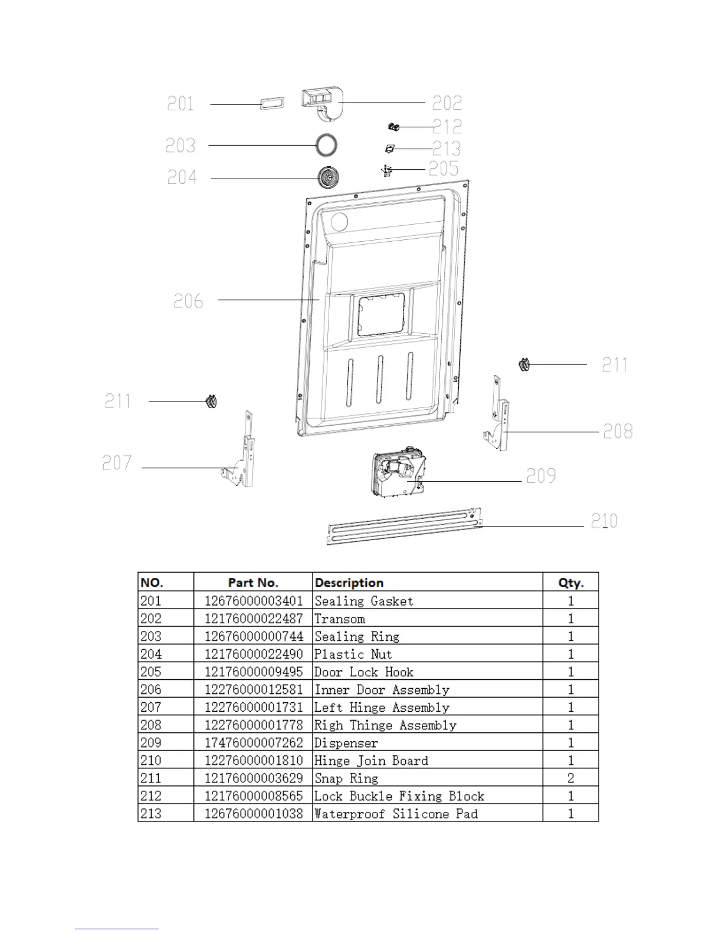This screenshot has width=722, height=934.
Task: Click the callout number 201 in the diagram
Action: [180, 104]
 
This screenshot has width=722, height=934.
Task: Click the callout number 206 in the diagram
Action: [188, 301]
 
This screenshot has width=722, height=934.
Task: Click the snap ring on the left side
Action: [211, 402]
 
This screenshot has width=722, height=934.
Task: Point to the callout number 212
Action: [447, 126]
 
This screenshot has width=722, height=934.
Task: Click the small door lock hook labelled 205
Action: [387, 170]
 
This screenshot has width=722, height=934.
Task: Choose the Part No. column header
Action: [253, 583]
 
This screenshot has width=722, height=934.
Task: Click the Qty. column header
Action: [570, 583]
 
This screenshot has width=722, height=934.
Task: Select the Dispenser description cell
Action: [346, 743]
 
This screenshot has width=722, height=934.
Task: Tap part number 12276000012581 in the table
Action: [254, 690]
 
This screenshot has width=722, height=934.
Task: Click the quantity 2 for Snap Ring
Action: [570, 778]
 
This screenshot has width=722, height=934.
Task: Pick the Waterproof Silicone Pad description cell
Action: [396, 814]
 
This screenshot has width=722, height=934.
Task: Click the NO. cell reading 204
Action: [151, 655]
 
